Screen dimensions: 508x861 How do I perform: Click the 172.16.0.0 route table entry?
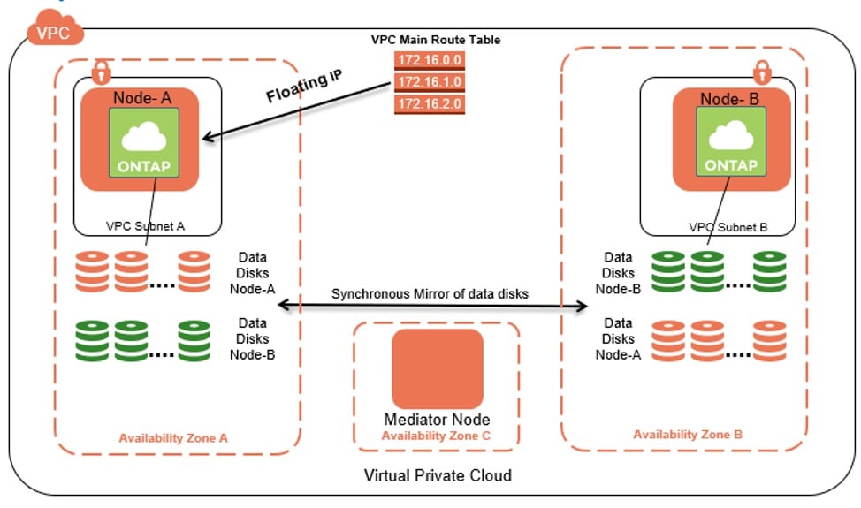tap(430, 59)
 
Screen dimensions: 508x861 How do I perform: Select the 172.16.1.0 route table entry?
tap(430, 81)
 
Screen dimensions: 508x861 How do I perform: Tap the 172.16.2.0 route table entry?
tap(430, 103)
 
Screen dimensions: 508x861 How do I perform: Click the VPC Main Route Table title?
tap(436, 40)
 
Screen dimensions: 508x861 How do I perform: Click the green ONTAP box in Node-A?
tap(140, 141)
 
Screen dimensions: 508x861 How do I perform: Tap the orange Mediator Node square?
tap(438, 368)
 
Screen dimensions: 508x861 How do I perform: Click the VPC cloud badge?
tap(56, 32)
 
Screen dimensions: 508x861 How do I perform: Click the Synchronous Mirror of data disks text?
tap(430, 293)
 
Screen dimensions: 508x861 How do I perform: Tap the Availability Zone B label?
tap(688, 435)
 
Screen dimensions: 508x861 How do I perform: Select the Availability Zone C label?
tap(437, 435)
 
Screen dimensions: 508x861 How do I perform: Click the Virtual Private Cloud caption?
tap(438, 476)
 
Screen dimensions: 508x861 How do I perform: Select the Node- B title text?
tap(731, 99)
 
